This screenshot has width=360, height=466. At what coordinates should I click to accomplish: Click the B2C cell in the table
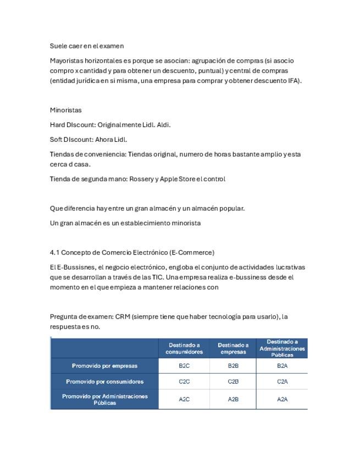pyautogui.click(x=184, y=365)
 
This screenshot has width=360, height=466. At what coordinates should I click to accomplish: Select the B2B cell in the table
pyautogui.click(x=233, y=365)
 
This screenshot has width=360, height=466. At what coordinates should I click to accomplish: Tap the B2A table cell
pyautogui.click(x=282, y=365)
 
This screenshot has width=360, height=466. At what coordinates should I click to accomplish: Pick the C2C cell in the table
pyautogui.click(x=184, y=381)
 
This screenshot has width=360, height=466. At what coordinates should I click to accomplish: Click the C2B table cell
pyautogui.click(x=233, y=381)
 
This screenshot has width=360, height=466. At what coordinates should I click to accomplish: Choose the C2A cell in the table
pyautogui.click(x=282, y=381)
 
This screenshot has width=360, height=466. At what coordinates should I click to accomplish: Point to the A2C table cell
pyautogui.click(x=184, y=400)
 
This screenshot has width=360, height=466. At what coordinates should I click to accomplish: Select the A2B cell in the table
pyautogui.click(x=233, y=400)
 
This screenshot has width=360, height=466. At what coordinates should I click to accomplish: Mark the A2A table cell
pyautogui.click(x=282, y=400)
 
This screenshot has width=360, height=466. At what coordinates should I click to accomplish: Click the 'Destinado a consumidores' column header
pyautogui.click(x=184, y=348)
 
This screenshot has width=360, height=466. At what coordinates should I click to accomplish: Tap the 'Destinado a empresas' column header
pyautogui.click(x=233, y=348)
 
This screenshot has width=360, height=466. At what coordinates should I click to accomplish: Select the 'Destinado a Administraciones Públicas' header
pyautogui.click(x=282, y=348)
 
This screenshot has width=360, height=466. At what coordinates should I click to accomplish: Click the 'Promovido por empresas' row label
pyautogui.click(x=104, y=365)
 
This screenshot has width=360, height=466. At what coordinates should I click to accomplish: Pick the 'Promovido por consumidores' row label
pyautogui.click(x=104, y=381)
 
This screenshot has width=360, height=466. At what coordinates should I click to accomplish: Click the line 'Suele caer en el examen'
pyautogui.click(x=87, y=46)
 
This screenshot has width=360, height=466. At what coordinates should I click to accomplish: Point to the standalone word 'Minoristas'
pyautogui.click(x=65, y=110)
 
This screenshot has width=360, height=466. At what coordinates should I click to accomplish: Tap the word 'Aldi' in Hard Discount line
pyautogui.click(x=163, y=125)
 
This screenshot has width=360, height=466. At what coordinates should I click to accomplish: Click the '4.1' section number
pyautogui.click(x=54, y=252)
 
